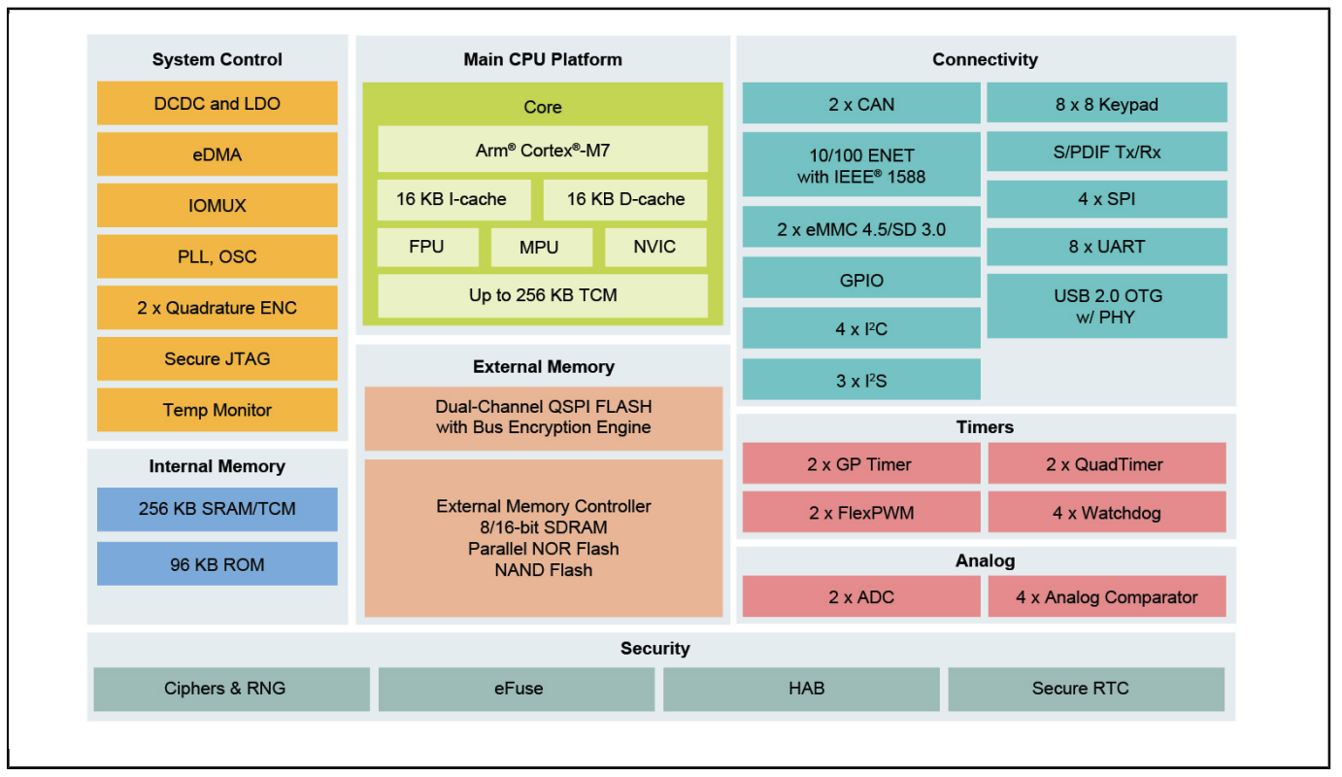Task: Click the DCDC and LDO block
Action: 217,103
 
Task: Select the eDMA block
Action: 217,154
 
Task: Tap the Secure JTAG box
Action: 217,358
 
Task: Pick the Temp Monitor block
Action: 217,410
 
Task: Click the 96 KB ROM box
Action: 217,563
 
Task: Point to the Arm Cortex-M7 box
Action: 542,150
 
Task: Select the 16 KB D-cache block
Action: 624,199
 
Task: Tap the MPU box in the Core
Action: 542,247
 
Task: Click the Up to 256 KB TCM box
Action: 542,295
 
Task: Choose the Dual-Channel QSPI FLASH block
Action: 544,419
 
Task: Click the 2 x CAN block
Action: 861,103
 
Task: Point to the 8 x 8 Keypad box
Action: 1107,103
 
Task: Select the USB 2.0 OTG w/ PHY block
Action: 1107,306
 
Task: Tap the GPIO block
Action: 861,279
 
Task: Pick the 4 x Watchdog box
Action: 1107,512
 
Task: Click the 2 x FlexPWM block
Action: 861,512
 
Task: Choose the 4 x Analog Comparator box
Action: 1107,596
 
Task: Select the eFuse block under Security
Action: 517,689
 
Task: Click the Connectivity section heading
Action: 985,59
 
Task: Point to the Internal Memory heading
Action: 217,466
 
